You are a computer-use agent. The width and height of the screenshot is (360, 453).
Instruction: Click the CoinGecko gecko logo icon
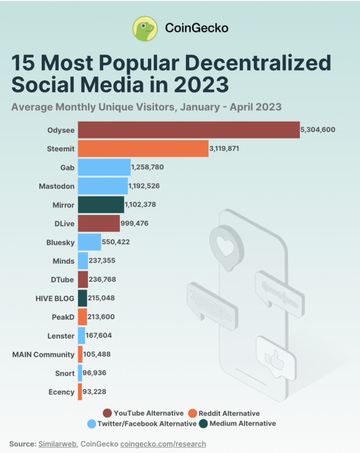[145, 28]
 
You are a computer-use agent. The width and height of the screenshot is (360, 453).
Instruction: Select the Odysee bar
[188, 130]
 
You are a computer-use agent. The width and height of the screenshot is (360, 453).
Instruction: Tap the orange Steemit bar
[143, 149]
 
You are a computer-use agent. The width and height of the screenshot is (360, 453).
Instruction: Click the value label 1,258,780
[147, 167]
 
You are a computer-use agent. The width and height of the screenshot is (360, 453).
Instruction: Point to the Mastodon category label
[56, 186]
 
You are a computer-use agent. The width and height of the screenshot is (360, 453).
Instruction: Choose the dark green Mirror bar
[101, 204]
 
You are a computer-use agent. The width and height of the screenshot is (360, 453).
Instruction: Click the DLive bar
[99, 223]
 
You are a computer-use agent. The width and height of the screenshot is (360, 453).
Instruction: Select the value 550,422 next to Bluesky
[116, 242]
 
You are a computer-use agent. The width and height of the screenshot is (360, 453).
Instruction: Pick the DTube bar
[83, 280]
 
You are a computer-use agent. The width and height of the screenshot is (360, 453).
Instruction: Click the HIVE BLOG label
[55, 298]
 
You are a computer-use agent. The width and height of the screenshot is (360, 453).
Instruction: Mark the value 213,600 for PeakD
[101, 317]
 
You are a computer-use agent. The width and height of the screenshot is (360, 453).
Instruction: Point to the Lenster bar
[81, 336]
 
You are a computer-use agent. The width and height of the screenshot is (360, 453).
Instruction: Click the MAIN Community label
[43, 354]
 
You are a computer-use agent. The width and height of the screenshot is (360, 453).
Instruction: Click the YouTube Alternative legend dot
[107, 413]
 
